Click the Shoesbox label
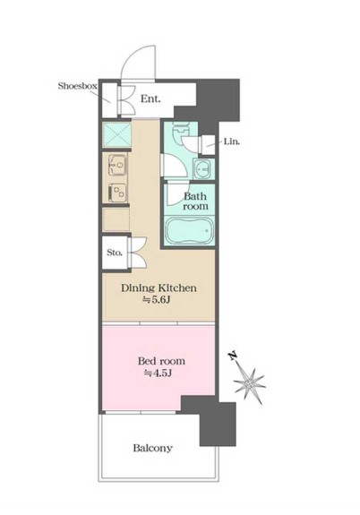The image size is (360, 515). pyautogui.click(x=78, y=86)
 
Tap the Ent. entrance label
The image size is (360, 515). pyautogui.click(x=150, y=99)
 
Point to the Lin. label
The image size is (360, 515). pyautogui.click(x=232, y=142)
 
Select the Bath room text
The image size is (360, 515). pyautogui.click(x=195, y=201)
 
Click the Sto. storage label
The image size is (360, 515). pyautogui.click(x=115, y=253)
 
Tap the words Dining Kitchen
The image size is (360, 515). pyautogui.click(x=159, y=288)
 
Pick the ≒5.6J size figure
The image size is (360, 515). pyautogui.click(x=155, y=300)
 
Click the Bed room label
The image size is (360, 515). pyautogui.click(x=161, y=361)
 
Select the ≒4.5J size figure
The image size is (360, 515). pyautogui.click(x=158, y=373)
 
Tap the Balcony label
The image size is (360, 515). pyautogui.click(x=153, y=448)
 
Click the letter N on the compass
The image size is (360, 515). pyautogui.click(x=233, y=356)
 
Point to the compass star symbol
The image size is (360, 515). pyautogui.click(x=249, y=383)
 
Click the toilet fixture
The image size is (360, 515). pyautogui.click(x=180, y=131)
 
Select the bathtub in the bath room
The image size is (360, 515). pyautogui.click(x=189, y=230)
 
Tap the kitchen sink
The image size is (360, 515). pyautogui.click(x=117, y=165)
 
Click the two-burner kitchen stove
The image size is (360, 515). pyautogui.click(x=117, y=193)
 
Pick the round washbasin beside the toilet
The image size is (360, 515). pyautogui.click(x=203, y=169)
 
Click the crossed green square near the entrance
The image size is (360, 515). pyautogui.click(x=116, y=134)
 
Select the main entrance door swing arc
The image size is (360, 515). pyautogui.click(x=138, y=62)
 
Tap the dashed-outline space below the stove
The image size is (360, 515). pyautogui.click(x=116, y=219)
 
